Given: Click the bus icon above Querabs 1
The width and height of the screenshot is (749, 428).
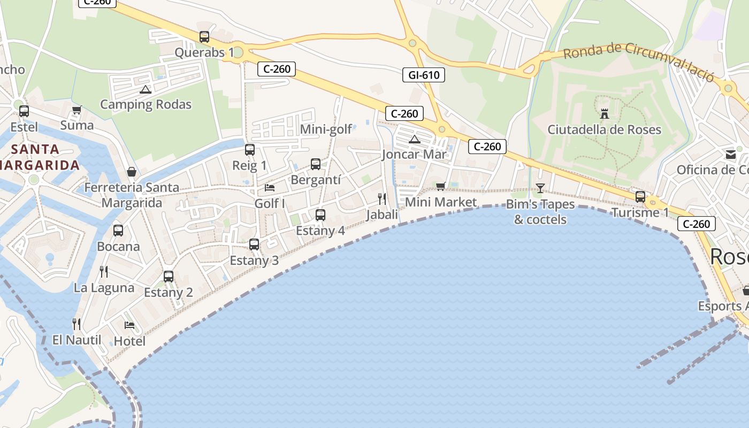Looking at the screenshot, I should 204,37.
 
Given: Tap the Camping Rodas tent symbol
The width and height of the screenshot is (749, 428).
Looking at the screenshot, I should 146,89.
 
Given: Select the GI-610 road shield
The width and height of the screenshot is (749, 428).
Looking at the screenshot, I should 424,75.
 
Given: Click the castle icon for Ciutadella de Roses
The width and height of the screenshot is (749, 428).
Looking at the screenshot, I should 605,113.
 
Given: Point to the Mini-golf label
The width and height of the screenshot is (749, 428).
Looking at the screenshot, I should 326,129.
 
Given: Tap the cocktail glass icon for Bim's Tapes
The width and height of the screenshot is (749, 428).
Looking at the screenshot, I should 540,188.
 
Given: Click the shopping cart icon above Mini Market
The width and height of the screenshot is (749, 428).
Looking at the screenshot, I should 440,186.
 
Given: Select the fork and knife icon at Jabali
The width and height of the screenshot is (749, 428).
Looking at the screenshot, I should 382,199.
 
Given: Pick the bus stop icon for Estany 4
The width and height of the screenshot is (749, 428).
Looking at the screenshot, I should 320,215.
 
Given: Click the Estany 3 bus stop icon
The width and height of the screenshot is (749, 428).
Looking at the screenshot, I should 254,244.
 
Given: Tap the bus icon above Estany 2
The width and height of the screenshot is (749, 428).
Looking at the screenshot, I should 169,277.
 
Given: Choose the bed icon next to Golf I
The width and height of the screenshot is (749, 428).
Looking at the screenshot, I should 270,188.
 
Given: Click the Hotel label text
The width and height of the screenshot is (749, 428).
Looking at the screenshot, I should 130,341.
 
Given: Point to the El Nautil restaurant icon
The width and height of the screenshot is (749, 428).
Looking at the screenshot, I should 77,324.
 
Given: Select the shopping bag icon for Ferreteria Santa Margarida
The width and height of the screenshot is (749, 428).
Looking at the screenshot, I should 132,172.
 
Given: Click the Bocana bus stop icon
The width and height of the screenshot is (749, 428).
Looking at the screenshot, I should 118,231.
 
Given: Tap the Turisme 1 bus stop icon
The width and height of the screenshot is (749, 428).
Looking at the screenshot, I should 640,196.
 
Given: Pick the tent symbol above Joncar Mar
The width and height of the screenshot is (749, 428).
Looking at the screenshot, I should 415,140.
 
